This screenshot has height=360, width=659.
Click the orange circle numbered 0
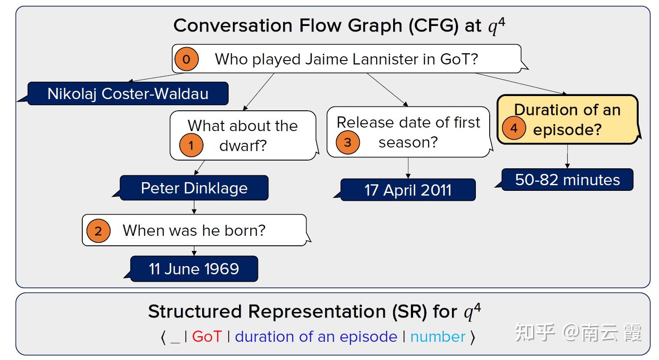[x=186, y=59]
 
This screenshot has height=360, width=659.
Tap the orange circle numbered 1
[x=191, y=145]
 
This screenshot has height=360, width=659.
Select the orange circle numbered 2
[x=98, y=231]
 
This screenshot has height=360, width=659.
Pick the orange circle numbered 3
[x=347, y=142]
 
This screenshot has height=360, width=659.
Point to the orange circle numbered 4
[x=514, y=128]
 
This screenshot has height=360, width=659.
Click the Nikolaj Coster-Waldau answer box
[x=128, y=93]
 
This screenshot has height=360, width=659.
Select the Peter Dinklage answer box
[x=194, y=188]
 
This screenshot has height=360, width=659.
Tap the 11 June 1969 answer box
[x=194, y=269]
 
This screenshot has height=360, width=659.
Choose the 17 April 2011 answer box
[x=408, y=190]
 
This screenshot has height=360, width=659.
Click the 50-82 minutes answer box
[x=567, y=180]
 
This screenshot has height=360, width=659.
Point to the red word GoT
[x=207, y=337]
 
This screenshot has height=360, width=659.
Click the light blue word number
[x=438, y=337]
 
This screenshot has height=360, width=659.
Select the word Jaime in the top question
[x=321, y=59]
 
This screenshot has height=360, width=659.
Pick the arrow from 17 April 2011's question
[x=408, y=168]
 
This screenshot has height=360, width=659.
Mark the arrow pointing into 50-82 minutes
[x=567, y=157]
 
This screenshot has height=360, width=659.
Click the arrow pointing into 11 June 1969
[x=194, y=251]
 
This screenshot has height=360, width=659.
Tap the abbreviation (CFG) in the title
[x=433, y=26]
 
